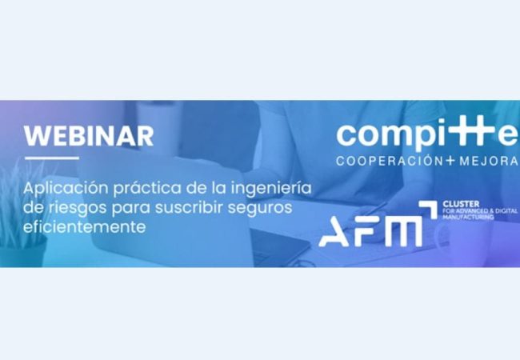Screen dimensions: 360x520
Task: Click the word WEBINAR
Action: [x=88, y=135]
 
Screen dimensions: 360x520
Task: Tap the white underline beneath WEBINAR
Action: [x=51, y=158]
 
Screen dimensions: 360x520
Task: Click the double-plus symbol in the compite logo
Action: [x=467, y=132]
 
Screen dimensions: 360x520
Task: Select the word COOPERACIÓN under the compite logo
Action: [x=389, y=161]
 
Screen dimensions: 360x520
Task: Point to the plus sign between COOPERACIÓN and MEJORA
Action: [x=450, y=161]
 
